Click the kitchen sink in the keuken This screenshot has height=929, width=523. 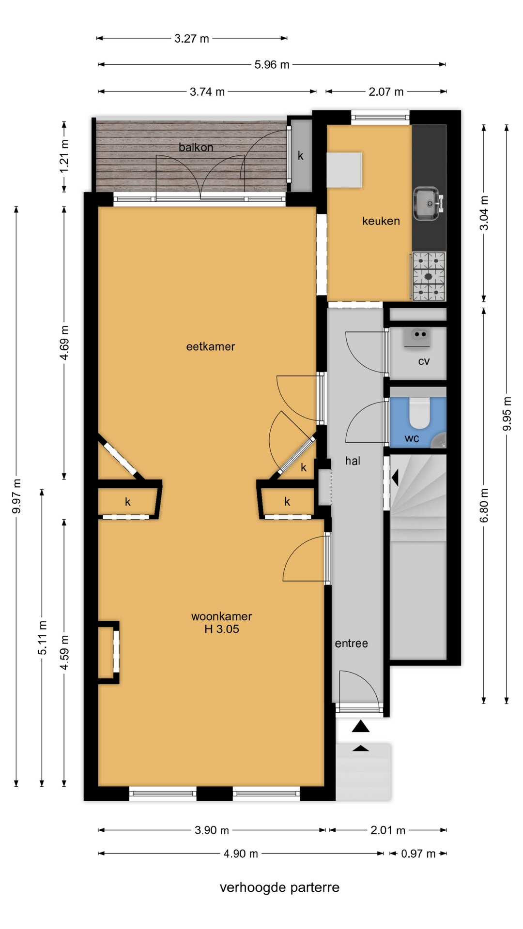coord(428,204)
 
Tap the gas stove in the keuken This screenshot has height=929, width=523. coord(429,276)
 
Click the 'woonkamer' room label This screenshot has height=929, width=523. coord(221,616)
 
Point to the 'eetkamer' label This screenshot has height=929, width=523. coord(211,346)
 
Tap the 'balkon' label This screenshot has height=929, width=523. coord(196,147)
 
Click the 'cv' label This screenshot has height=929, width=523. coord(424,361)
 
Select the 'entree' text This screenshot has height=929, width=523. coord(351,643)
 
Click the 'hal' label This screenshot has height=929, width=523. coord(353,461)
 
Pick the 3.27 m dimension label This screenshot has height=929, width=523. coord(192,39)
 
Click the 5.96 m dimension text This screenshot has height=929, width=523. coord(272,64)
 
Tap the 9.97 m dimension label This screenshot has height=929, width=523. coord(16,496)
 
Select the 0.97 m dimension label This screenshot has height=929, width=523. coord(418,854)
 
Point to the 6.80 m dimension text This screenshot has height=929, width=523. coord(484,505)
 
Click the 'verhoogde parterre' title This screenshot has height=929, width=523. coord(279,887)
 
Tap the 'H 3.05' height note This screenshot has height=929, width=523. coord(221,629)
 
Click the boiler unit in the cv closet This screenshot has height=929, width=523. coord(417,337)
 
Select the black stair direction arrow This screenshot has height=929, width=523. coord(395,478)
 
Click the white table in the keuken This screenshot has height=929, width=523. coord(344,170)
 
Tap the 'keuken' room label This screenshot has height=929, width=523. coord(381,221)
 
